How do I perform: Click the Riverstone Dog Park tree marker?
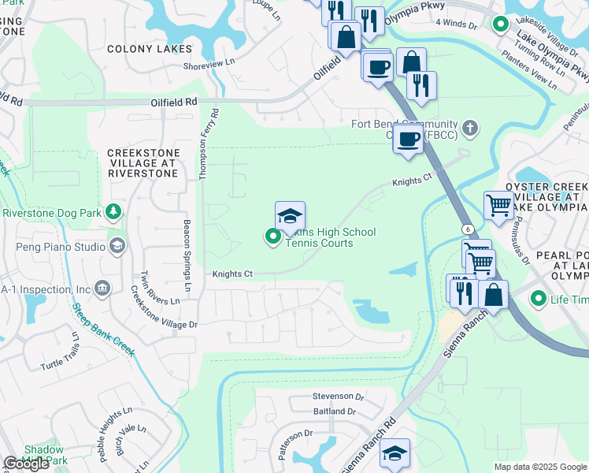pyautogui.click(x=114, y=212)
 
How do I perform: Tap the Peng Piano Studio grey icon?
pyautogui.click(x=117, y=247)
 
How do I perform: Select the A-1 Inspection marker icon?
pyautogui.click(x=102, y=289)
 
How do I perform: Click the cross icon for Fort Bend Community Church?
pyautogui.click(x=470, y=126)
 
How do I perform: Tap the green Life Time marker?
pyautogui.click(x=539, y=299)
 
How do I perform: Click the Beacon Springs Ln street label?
pyautogui.click(x=187, y=252)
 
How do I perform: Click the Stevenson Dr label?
pyautogui.click(x=339, y=397)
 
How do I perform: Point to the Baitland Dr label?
pyautogui.click(x=335, y=412)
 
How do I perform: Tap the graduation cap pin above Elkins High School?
pyautogui.click(x=290, y=216)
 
